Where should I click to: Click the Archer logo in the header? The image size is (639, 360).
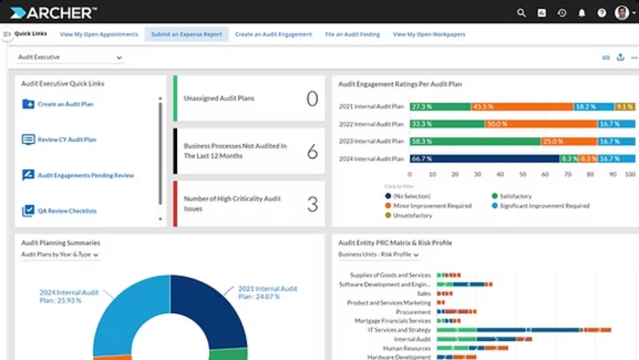pos(53,13)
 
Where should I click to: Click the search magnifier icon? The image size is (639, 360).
pos(521,13)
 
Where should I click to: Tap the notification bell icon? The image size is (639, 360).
pos(581,13)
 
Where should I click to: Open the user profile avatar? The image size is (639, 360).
pos(622,13)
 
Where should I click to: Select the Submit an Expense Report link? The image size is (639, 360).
pos(187,34)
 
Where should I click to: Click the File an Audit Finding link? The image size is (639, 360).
pos(352,34)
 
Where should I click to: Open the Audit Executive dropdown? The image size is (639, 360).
pos(70,57)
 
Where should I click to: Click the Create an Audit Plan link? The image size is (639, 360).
pos(65,104)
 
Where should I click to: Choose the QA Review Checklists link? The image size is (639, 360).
pos(67,211)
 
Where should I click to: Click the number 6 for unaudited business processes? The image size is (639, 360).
pos(312,151)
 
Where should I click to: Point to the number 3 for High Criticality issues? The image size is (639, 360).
pos(312,204)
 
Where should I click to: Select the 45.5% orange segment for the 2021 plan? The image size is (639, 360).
pos(522,107)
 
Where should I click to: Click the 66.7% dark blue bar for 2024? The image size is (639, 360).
pos(484,158)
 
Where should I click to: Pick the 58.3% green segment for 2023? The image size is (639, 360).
pos(475,141)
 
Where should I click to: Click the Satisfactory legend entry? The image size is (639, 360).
pos(515,196)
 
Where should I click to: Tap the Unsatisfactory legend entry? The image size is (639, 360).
pos(412,216)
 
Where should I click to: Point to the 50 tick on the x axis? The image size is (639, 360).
pos(522,174)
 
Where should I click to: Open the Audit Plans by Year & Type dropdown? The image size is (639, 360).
pos(60,254)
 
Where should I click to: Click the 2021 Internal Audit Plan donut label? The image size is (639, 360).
pos(267,292)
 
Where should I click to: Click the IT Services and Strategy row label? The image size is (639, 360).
pos(399,330)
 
